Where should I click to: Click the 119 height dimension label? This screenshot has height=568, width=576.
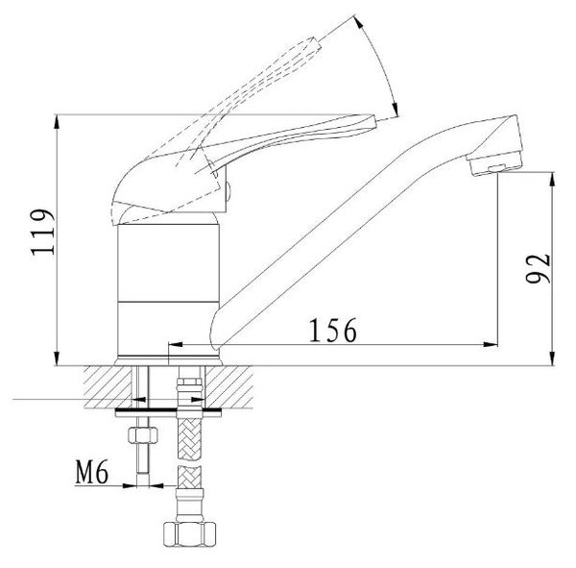coord(43,233)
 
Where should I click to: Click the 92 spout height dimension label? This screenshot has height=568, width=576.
coord(539,268)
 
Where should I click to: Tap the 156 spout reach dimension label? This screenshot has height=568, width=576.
coord(333,330)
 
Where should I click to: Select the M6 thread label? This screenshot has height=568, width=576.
coord(92,472)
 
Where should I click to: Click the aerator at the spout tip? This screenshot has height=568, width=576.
coord(494,163)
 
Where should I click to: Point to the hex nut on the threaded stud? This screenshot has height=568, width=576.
coord(143,434)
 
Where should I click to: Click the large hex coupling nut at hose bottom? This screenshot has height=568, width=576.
coord(189,534)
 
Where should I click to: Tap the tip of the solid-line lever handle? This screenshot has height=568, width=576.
coord(374,122)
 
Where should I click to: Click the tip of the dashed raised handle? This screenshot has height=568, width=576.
coord(317,42)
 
